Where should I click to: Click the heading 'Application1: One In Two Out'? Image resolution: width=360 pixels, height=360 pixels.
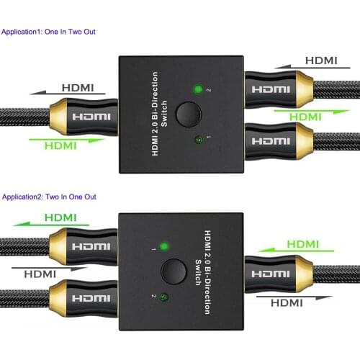pos(48,32)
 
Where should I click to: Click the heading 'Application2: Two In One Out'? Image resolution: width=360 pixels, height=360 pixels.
pos(49,197)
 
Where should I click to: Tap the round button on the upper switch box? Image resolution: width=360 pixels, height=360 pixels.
pos(189,114)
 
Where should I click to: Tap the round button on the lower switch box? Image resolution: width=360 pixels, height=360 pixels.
pos(174,271)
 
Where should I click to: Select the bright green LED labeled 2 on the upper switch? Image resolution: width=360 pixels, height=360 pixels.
pos(198,89)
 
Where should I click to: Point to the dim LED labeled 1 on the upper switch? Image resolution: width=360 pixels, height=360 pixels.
pos(199,140)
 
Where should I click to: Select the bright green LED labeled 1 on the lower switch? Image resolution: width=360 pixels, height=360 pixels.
pos(164,246)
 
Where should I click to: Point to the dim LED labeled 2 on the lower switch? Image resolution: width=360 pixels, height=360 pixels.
pos(164,297)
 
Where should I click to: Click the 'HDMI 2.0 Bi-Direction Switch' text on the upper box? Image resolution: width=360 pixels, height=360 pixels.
pos(159,114)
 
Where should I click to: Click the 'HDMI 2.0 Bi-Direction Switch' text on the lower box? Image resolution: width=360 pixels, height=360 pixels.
pos(203,272)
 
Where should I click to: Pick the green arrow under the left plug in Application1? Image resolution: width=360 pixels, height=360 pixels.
pos(67,140)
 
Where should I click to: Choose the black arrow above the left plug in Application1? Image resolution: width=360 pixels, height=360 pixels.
pos(67,93)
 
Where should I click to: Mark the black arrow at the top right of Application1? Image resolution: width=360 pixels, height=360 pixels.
pos(312,67)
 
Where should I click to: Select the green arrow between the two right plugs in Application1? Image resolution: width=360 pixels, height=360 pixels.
pos(312,111)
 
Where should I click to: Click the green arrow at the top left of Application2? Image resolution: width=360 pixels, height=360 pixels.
pos(51,225)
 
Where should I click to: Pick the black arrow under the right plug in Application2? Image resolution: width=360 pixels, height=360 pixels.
pos(294,297)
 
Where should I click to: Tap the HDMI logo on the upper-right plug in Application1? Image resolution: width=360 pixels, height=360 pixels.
pos(271,89)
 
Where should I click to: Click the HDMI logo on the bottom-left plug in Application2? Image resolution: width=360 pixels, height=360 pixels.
pos(91,298)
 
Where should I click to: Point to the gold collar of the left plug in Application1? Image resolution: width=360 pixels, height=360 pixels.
pos(58,117)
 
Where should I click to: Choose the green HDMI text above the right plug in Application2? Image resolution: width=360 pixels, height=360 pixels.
pos(303,244)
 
